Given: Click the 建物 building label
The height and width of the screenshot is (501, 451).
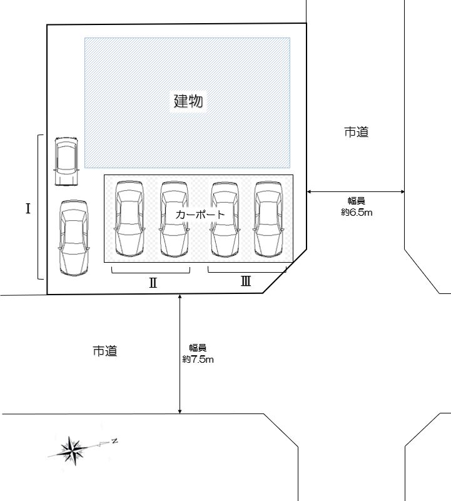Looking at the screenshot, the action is click(188, 101).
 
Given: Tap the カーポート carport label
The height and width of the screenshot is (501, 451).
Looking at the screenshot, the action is click(200, 215).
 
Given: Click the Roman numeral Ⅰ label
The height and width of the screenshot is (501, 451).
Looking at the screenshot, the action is click(28, 209).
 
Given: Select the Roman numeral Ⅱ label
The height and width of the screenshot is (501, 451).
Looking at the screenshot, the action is click(153, 283).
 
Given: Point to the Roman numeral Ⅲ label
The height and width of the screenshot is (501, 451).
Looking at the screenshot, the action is click(245, 281).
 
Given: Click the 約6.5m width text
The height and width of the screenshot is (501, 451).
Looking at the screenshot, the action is click(357, 212).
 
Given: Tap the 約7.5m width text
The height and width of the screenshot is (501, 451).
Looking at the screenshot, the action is click(198, 359).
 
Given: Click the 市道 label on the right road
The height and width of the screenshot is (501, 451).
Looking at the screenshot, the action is click(357, 131).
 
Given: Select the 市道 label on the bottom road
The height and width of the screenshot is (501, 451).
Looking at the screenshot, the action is click(105, 351).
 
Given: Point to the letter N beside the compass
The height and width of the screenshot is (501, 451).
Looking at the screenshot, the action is click(114, 441).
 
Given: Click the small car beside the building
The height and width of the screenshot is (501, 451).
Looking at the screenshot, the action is click(66, 161).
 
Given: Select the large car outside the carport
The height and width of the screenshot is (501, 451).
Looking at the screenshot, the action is click(74, 238).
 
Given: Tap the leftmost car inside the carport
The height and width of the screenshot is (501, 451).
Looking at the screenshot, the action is click(129, 219).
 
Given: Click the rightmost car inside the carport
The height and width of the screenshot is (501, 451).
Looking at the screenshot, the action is click(268, 219).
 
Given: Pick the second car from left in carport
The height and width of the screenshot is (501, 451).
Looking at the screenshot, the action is click(174, 219).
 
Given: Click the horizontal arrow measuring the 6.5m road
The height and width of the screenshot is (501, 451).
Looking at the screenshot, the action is click(355, 192).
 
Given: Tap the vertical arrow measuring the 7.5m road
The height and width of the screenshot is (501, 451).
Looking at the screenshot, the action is click(180, 354).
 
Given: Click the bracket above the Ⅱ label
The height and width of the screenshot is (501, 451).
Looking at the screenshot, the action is click(151, 273).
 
